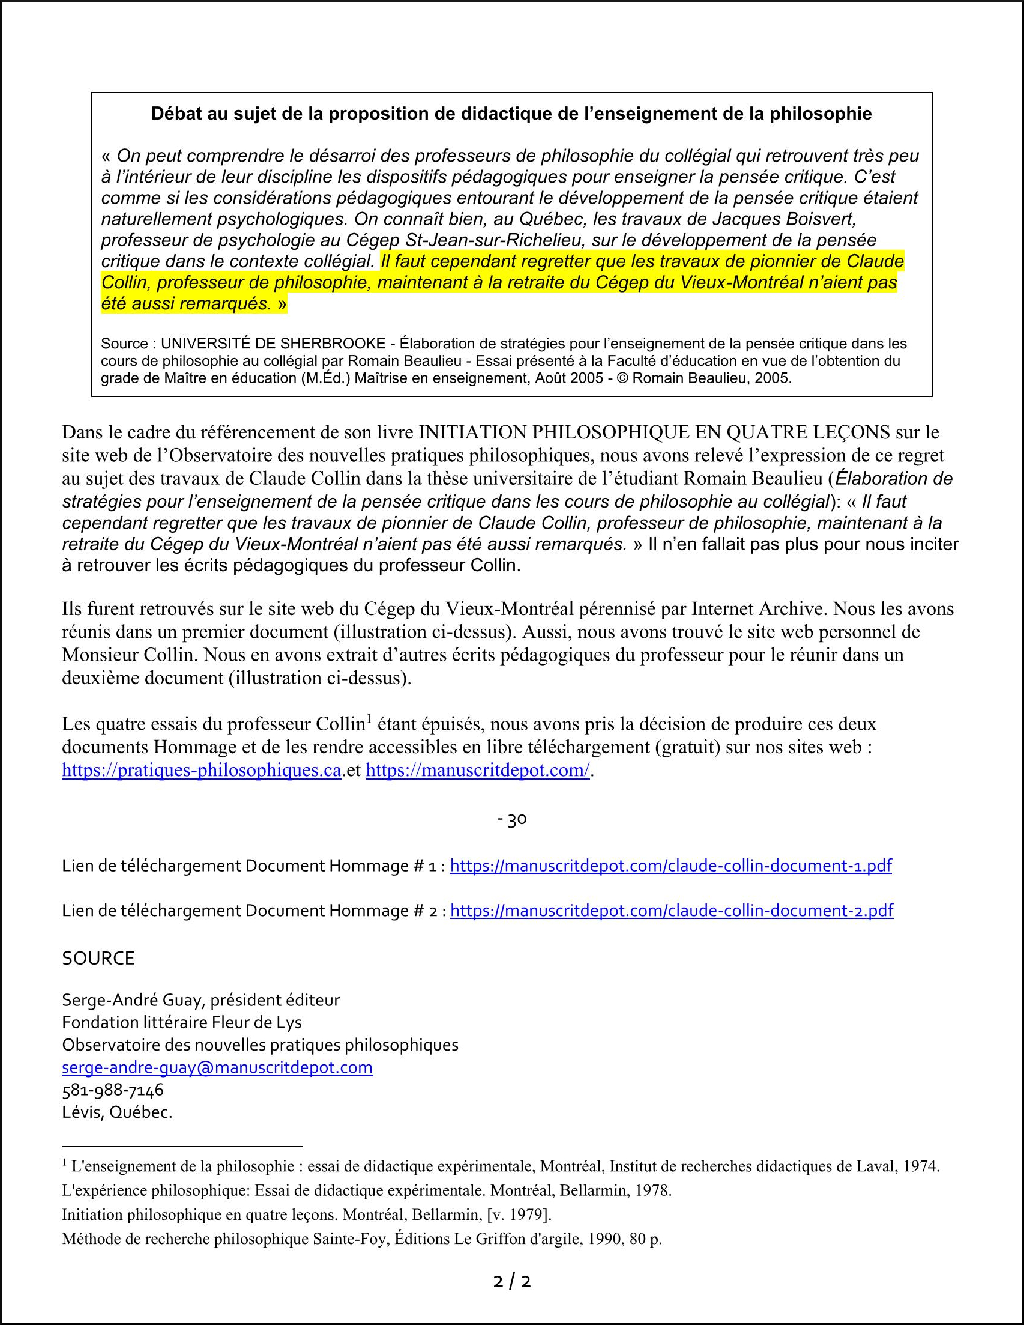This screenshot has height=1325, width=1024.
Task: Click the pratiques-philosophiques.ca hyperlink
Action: [x=201, y=771]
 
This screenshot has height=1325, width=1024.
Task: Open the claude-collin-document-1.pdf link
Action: [x=671, y=866]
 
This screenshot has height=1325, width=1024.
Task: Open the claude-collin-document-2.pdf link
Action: [x=672, y=911]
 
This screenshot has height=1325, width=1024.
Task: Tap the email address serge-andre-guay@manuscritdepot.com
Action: [x=217, y=1067]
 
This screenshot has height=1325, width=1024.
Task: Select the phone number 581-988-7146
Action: [x=113, y=1090]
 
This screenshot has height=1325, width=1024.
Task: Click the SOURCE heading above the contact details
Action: [x=98, y=959]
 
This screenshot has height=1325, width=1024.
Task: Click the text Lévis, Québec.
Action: [x=117, y=1113]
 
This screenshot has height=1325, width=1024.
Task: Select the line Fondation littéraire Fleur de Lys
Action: [x=182, y=1022]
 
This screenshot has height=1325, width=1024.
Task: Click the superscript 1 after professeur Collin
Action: [x=368, y=720]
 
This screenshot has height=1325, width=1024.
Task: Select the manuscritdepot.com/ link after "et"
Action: [x=478, y=771]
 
